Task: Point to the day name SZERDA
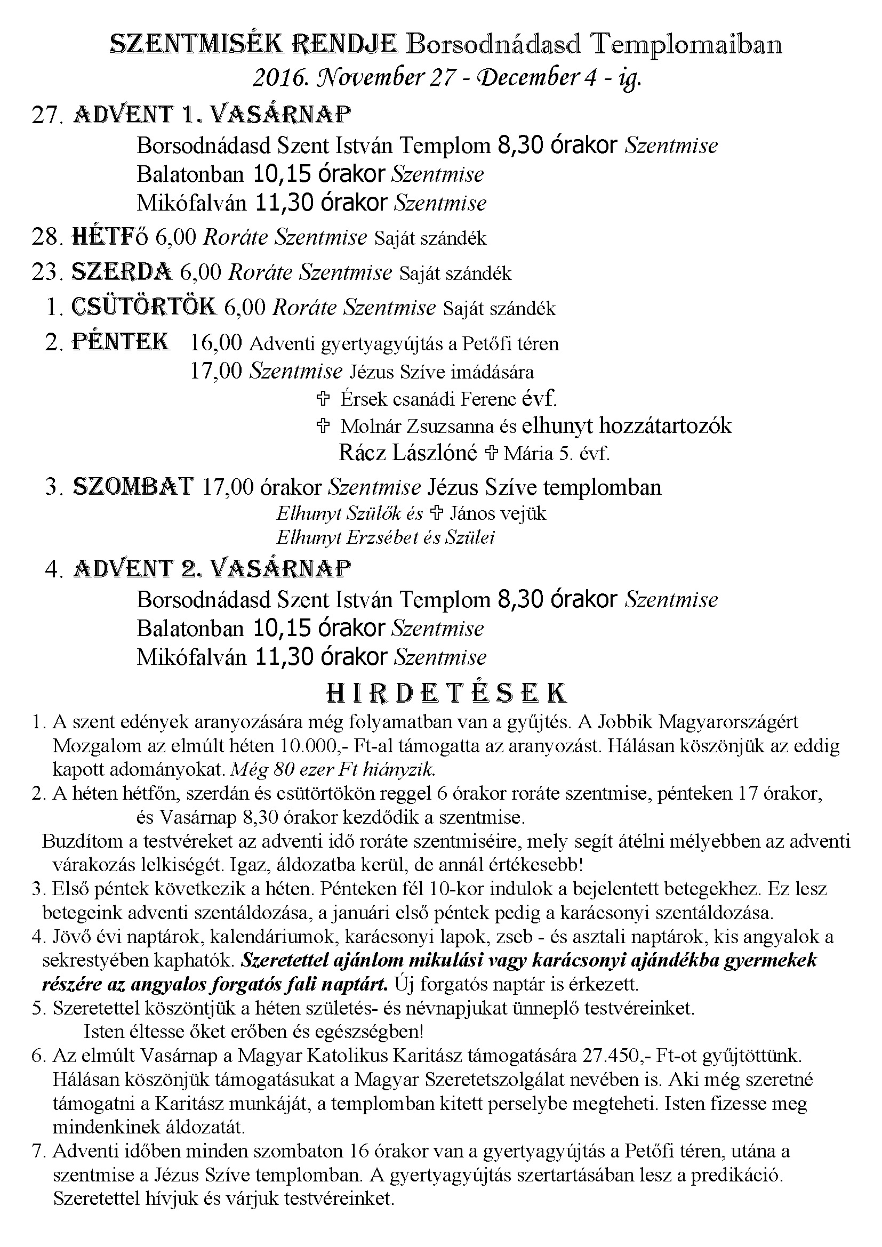[122, 272]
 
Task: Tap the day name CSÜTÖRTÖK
[144, 308]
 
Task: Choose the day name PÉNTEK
[121, 343]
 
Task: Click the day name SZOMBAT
[133, 486]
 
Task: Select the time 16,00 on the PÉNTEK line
[216, 343]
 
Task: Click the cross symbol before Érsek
[323, 399]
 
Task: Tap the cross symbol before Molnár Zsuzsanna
[323, 427]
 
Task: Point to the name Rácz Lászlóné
[407, 453]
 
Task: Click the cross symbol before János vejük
[436, 513]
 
